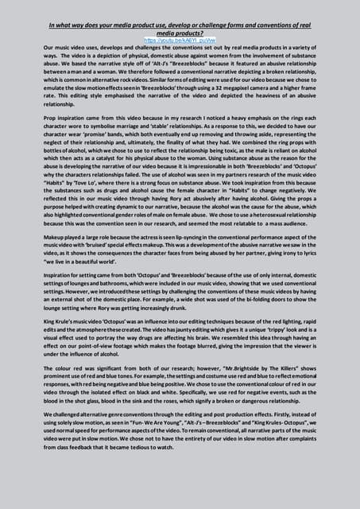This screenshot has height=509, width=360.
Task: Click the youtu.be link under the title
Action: pyautogui.click(x=180, y=38)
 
